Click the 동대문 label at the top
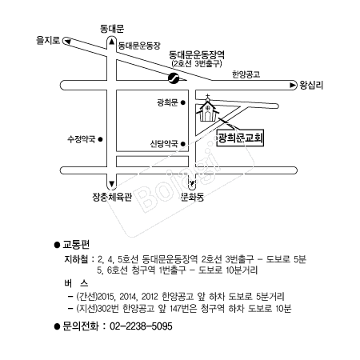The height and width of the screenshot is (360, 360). [112, 29]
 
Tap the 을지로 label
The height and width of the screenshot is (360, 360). [48, 40]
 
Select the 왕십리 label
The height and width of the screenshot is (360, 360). [311, 85]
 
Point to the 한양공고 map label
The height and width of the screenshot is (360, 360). [246, 74]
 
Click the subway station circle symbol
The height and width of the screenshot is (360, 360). [174, 78]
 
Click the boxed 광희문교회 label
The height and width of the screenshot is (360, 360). [240, 138]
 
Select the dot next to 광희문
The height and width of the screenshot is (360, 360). [183, 102]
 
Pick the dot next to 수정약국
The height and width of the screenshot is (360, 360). [101, 139]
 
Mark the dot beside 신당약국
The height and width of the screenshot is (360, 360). [183, 144]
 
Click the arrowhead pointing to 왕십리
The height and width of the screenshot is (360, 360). [293, 85]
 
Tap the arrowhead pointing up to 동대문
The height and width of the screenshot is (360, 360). [112, 42]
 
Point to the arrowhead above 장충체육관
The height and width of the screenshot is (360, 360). [112, 184]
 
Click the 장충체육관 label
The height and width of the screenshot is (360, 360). [112, 197]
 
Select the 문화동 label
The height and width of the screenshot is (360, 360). [192, 197]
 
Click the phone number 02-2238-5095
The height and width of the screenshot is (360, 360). [141, 326]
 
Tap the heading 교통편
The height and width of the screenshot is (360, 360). [76, 245]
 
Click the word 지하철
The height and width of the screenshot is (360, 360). [76, 259]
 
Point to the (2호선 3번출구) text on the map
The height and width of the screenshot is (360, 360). [197, 63]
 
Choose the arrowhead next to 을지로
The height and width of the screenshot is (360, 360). [68, 42]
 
